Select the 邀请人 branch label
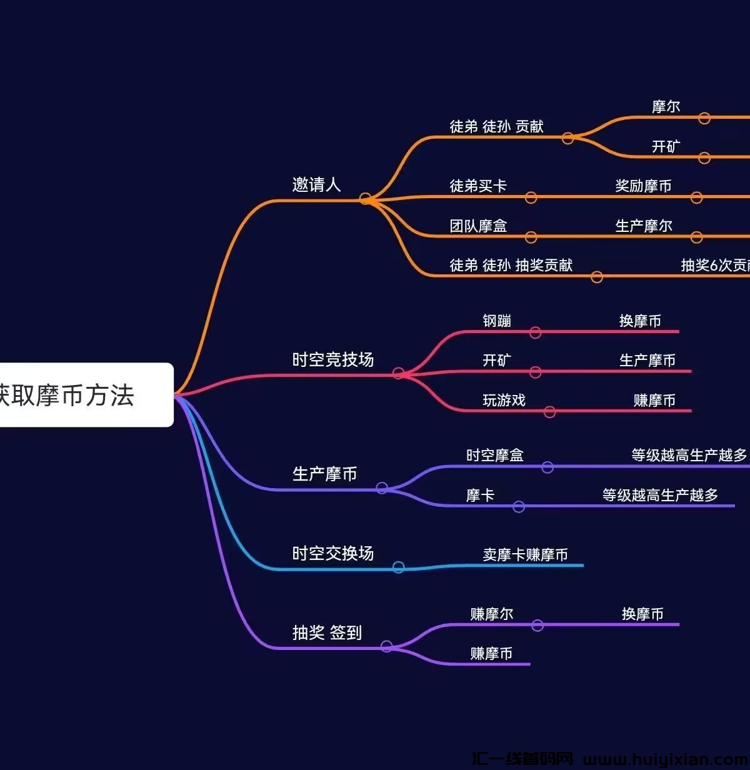316,185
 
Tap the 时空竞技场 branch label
332,360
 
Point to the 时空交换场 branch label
332,554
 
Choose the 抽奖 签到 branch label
327,632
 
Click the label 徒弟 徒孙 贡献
496,127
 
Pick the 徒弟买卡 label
478,186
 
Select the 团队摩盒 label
478,226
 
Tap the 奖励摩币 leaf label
643,186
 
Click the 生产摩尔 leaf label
643,226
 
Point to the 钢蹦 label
497,321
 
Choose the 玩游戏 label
504,401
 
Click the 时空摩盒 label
494,456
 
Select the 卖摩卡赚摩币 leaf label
525,555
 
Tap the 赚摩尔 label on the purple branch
491,614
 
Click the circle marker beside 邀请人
366,199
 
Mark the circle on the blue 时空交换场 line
398,567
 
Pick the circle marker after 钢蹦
535,332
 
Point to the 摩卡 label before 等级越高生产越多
480,496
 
